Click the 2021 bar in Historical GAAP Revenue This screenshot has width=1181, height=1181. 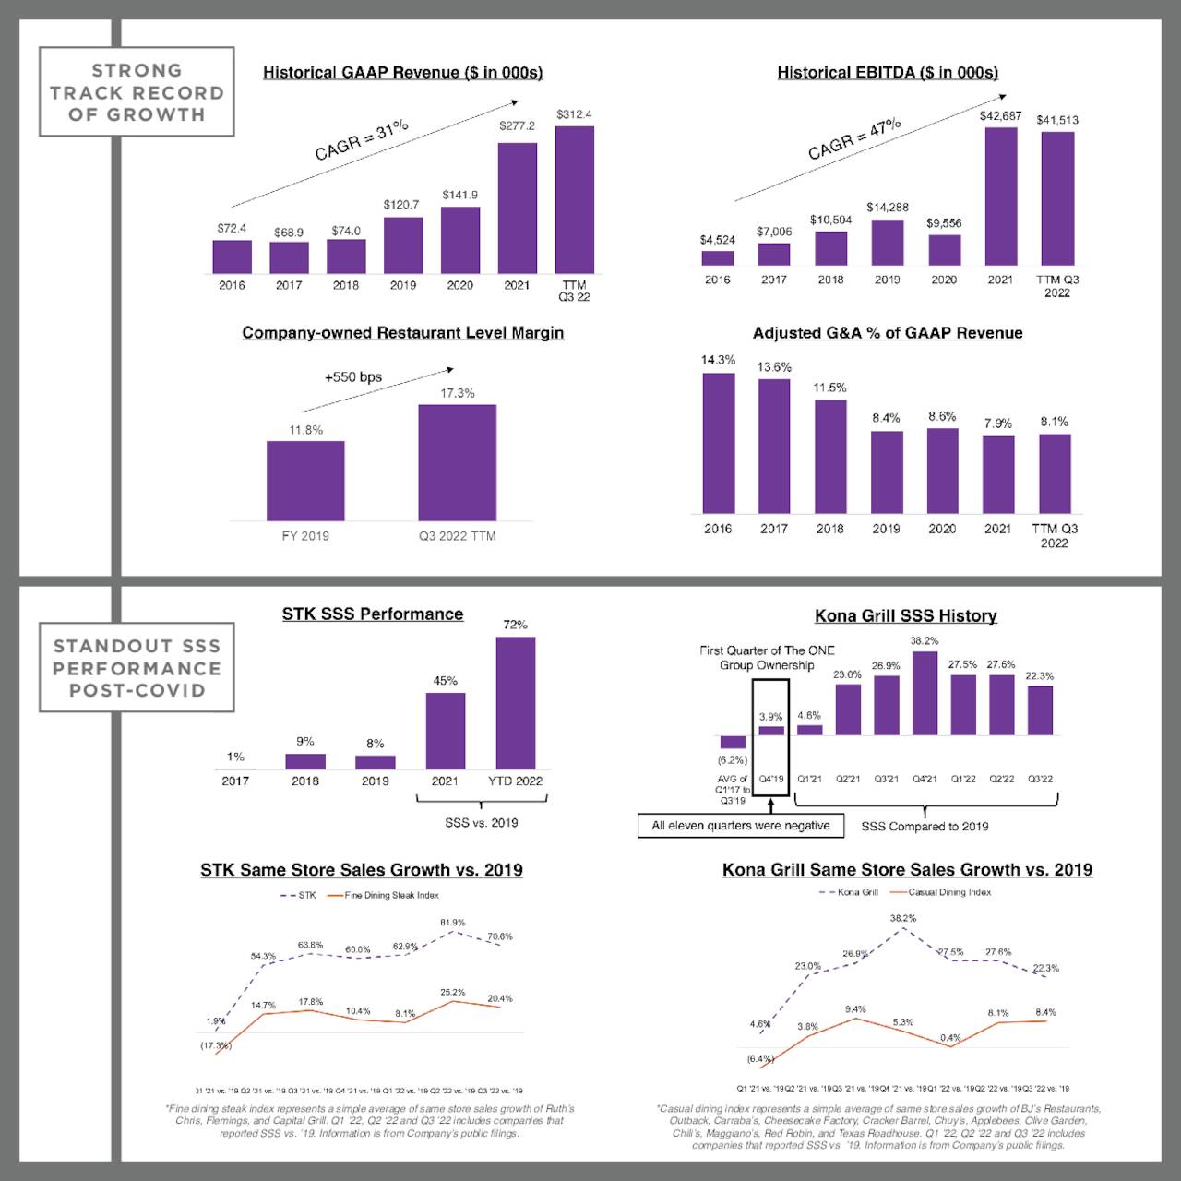click(x=517, y=208)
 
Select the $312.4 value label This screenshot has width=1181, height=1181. click(x=574, y=114)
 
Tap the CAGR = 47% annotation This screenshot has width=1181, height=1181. click(x=853, y=139)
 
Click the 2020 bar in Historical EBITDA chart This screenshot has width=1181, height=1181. click(x=944, y=250)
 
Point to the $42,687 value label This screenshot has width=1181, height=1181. click(x=1000, y=116)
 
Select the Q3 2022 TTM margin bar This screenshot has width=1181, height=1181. click(x=457, y=462)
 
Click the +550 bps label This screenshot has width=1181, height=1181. click(x=352, y=377)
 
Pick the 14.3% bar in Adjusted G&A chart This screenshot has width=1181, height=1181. click(x=719, y=443)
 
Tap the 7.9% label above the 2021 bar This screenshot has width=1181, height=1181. click(x=997, y=423)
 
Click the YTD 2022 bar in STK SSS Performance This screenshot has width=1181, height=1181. click(x=515, y=702)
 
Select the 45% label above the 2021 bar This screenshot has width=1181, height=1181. click(x=445, y=681)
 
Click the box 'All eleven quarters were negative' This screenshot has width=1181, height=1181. click(x=740, y=826)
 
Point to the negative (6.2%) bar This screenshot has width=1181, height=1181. click(x=733, y=742)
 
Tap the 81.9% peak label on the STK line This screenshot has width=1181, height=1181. click(x=452, y=923)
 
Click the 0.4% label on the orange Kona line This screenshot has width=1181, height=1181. click(x=950, y=1038)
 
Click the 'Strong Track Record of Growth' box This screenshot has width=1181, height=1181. click(x=137, y=92)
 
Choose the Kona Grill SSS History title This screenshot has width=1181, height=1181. click(x=905, y=615)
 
